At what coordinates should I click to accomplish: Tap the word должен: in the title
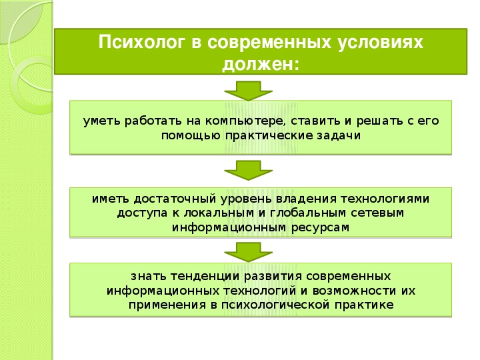tap(261, 64)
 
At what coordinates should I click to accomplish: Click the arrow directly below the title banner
tap(248, 91)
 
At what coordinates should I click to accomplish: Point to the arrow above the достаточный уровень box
tap(248, 170)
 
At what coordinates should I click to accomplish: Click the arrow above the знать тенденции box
tap(248, 251)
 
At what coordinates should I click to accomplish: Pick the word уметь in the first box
tap(102, 121)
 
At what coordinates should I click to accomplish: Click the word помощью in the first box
tap(191, 135)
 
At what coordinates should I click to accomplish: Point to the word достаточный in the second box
tap(175, 199)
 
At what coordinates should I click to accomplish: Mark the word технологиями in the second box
tap(385, 199)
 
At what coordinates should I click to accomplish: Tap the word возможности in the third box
tap(354, 291)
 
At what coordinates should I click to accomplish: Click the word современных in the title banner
tap(269, 43)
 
